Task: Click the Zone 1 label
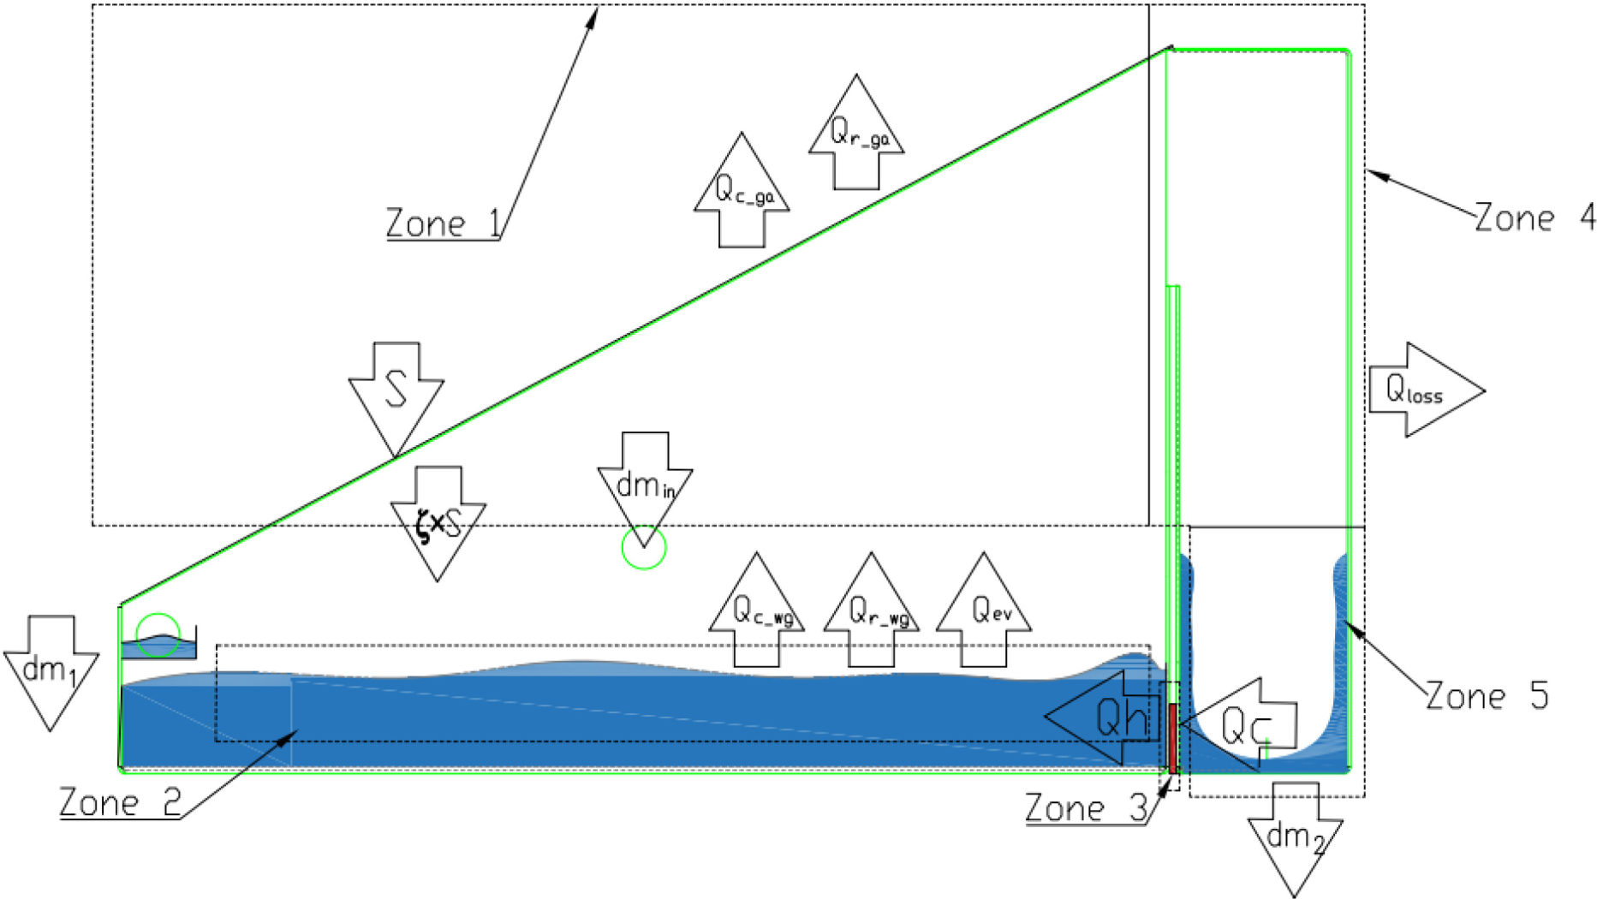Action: [x=443, y=223]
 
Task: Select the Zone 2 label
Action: [x=120, y=803]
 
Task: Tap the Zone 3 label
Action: [x=1086, y=808]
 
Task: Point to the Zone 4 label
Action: [x=1534, y=218]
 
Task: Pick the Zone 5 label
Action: [x=1487, y=696]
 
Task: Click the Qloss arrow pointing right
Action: [x=1427, y=390]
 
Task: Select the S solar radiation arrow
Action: [x=396, y=399]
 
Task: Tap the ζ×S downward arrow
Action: [x=438, y=523]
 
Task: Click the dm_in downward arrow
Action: [x=645, y=489]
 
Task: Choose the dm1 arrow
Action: [x=51, y=673]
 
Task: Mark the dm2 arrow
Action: [x=1295, y=840]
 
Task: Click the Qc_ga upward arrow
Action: [x=742, y=190]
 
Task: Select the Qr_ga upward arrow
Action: [x=856, y=132]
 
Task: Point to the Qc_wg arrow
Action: [x=757, y=610]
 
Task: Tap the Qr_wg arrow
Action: [x=872, y=610]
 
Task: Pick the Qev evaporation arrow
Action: [x=984, y=610]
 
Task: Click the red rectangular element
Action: [x=1173, y=737]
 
